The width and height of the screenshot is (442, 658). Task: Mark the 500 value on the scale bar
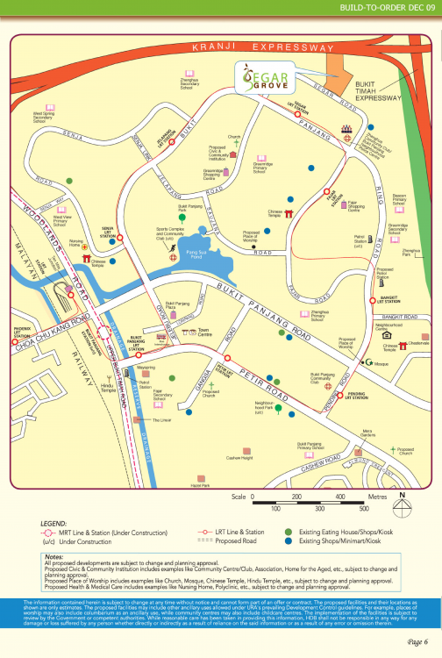(363, 508)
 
